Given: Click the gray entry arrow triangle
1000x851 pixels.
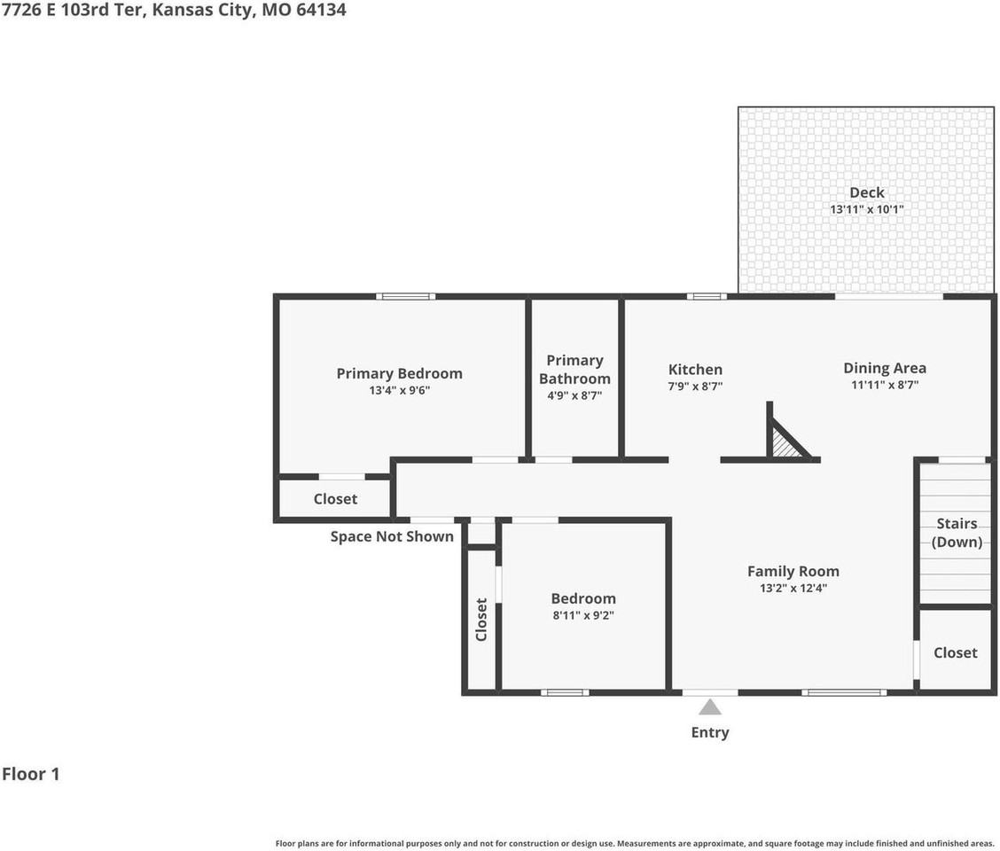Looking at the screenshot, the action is pyautogui.click(x=710, y=707).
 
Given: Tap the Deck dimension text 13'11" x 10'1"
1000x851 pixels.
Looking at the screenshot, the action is pyautogui.click(x=867, y=209).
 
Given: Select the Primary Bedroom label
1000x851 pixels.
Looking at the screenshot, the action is pyautogui.click(x=399, y=373).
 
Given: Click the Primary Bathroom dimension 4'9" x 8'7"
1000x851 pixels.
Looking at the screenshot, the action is pyautogui.click(x=574, y=395).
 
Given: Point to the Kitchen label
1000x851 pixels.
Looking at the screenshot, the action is pyautogui.click(x=695, y=370).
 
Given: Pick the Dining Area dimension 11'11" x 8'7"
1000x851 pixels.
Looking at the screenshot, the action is pyautogui.click(x=885, y=385).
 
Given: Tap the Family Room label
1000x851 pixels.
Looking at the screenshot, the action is pyautogui.click(x=793, y=571).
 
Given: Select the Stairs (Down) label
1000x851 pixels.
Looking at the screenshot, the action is pyautogui.click(x=957, y=533).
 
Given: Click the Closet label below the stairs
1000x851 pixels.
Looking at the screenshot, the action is pyautogui.click(x=956, y=652).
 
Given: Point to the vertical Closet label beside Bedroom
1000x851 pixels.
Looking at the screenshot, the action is pyautogui.click(x=481, y=620).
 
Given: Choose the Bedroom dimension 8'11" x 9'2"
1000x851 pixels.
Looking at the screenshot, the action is pyautogui.click(x=583, y=615).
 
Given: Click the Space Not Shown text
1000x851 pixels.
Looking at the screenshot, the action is pyautogui.click(x=392, y=536).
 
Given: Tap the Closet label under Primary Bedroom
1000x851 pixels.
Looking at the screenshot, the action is pyautogui.click(x=335, y=499).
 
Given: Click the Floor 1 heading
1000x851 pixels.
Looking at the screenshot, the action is pyautogui.click(x=31, y=774).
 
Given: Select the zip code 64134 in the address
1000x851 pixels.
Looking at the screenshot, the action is pyautogui.click(x=322, y=10).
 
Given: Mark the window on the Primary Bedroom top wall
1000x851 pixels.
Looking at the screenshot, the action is pyautogui.click(x=406, y=296).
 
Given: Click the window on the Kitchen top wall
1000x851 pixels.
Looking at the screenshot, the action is pyautogui.click(x=706, y=296).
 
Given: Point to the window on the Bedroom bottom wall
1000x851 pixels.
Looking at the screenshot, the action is pyautogui.click(x=565, y=692).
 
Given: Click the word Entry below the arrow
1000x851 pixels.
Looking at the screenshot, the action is pyautogui.click(x=710, y=732).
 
